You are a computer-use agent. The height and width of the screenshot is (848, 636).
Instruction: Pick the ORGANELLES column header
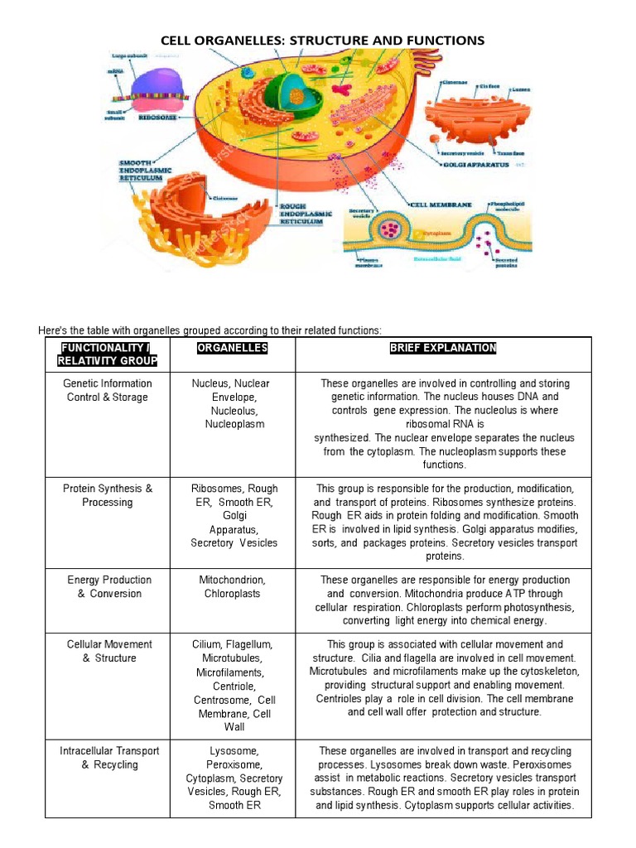(233, 348)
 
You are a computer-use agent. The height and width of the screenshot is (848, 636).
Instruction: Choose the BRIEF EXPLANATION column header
(443, 348)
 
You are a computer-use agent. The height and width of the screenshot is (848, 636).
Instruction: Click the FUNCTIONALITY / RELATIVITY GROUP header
(108, 354)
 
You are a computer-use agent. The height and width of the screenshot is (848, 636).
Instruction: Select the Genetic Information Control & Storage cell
(108, 390)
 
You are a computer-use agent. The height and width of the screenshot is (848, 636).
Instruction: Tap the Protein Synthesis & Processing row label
(108, 495)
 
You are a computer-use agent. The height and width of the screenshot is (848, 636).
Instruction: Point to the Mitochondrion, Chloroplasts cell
(233, 586)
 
